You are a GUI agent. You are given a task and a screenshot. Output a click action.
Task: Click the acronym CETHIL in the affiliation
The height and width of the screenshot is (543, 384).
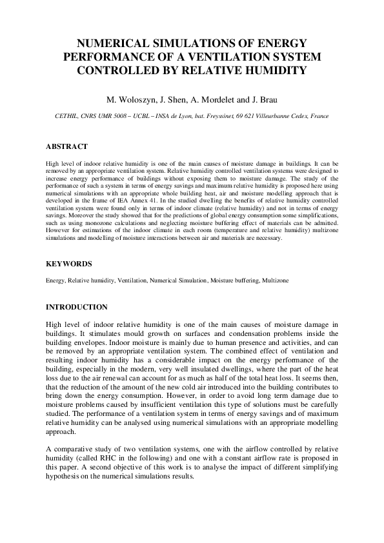68,117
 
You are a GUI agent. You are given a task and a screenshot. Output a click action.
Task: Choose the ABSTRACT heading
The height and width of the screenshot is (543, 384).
66,146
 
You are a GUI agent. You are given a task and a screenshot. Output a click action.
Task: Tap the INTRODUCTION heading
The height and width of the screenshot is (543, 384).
77,307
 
